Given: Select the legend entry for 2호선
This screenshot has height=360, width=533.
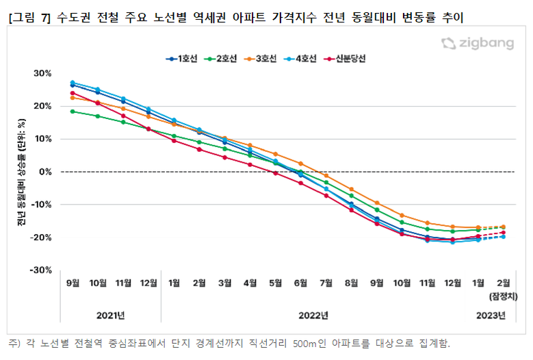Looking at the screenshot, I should pos(222,59).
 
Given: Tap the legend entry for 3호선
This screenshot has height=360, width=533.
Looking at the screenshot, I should pos(261,59).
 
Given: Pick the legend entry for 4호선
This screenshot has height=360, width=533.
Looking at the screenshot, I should pos(301,59).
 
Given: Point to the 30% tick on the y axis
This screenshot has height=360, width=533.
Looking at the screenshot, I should pos(43,73).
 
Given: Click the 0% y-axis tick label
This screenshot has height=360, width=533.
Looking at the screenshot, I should pos(46,172).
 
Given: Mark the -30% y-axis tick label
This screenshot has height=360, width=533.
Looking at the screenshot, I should pos(42,270).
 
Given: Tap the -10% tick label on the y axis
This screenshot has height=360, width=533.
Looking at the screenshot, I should pos(42,205).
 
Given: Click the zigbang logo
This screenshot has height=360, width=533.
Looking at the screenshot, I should pos(478,44).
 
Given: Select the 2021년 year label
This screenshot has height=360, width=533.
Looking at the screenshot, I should pos(111,316).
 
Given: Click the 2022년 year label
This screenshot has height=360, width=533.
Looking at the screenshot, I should pos(314,316).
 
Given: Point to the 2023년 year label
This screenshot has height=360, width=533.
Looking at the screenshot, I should pos(491,316).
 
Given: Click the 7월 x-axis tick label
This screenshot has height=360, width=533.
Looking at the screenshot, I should pos(326,283).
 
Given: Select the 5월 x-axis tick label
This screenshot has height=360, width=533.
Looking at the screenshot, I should pos(275,283).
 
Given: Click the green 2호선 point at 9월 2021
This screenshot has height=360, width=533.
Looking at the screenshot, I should pos(73,111).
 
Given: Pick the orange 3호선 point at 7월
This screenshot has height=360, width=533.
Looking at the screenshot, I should pos(326,176).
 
